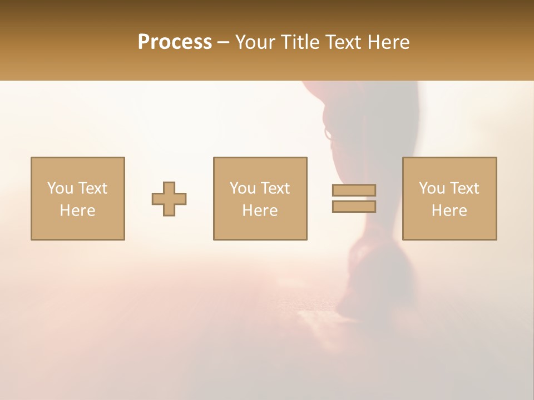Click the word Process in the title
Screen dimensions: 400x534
pyautogui.click(x=175, y=42)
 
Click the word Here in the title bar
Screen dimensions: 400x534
pyautogui.click(x=392, y=42)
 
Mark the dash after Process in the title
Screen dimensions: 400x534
pyautogui.click(x=224, y=43)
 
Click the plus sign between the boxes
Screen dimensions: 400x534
pyautogui.click(x=169, y=199)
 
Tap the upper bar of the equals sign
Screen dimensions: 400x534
pyautogui.click(x=354, y=190)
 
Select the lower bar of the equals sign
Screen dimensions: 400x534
pyautogui.click(x=354, y=207)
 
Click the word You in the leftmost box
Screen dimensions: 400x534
pyautogui.click(x=60, y=188)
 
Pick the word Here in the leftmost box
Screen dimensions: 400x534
pyautogui.click(x=77, y=211)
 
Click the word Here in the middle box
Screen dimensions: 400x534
pyautogui.click(x=260, y=211)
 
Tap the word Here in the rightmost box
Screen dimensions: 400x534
pyautogui.click(x=449, y=211)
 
